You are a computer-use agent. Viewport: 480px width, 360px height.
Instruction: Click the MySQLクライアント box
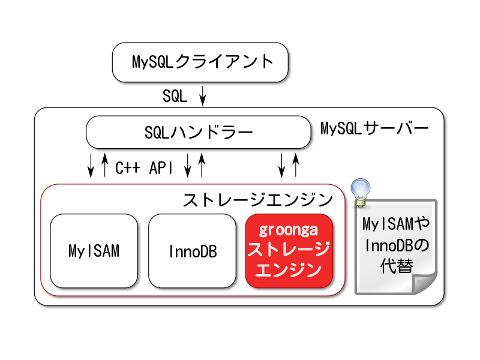coord(200,62)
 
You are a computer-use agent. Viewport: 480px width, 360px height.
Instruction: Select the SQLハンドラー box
coord(199,132)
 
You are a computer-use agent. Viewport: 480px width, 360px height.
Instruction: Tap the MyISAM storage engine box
coord(94,251)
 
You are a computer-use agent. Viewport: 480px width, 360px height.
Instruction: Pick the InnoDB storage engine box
coord(192,251)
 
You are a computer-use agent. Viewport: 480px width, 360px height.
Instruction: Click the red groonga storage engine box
coord(289,251)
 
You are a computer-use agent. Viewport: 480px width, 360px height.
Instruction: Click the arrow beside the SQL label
coord(202,96)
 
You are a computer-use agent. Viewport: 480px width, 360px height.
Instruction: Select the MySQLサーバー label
coord(374,128)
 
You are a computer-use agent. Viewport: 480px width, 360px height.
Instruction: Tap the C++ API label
coord(144,168)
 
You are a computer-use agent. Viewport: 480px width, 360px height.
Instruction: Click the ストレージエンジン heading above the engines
coord(258,200)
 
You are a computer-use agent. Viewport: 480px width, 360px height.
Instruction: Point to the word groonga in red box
coord(289,230)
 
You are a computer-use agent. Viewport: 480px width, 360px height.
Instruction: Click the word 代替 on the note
coord(397,266)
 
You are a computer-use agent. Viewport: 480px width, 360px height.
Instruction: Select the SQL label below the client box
coord(175,96)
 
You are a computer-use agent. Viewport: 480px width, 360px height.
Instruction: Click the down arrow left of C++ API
coord(91,166)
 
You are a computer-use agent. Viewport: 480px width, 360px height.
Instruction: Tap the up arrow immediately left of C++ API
coord(104,166)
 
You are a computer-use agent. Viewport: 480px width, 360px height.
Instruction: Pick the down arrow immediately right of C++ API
coord(188,166)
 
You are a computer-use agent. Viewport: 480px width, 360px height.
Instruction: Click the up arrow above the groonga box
coord(296,166)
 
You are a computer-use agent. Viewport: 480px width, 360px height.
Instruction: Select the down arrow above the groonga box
coord(281,166)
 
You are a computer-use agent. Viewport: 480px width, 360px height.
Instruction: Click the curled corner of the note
coord(424,283)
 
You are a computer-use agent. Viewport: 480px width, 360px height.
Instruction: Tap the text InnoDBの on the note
coord(397,245)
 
